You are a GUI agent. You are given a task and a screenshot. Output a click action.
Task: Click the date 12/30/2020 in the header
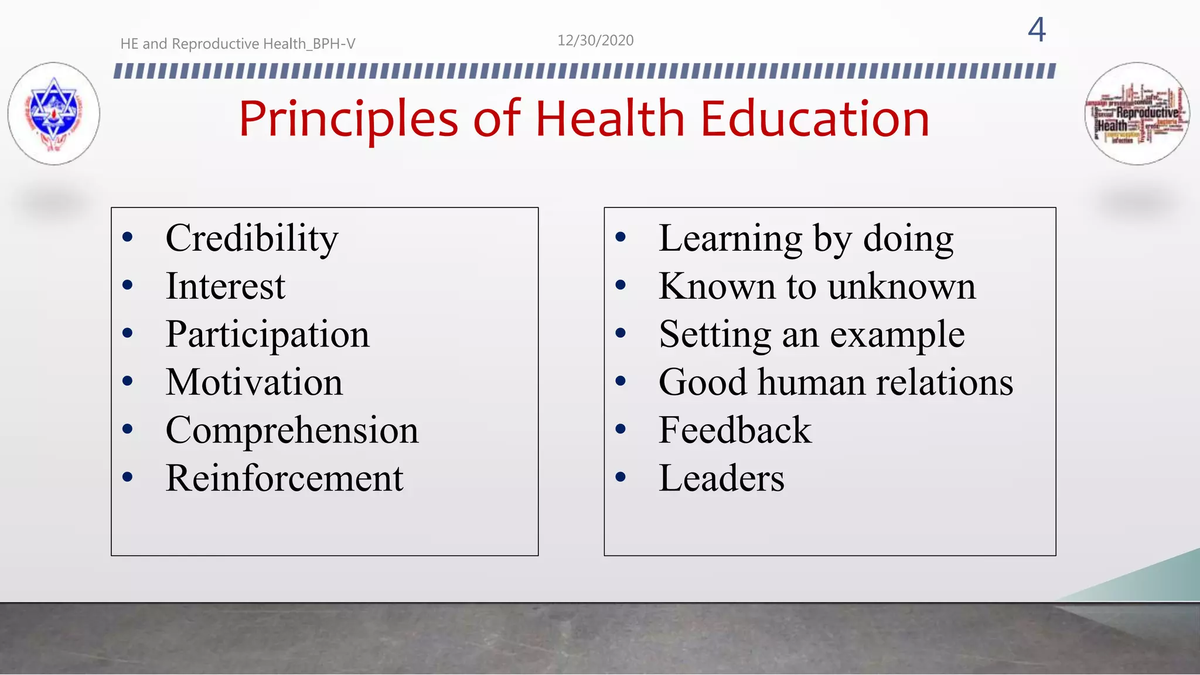coord(595,40)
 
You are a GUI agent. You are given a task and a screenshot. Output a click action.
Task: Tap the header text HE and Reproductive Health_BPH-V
coord(237,44)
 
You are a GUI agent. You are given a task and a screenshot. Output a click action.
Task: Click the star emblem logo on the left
coord(54,113)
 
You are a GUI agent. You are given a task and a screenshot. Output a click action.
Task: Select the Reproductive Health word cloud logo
coord(1136,114)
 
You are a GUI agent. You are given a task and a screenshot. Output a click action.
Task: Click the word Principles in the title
coord(348,119)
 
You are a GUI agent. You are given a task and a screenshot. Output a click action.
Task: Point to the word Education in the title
coord(814,119)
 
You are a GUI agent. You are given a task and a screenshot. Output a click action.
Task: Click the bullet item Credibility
coord(252,238)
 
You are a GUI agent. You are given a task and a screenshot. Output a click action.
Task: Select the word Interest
coord(225,287)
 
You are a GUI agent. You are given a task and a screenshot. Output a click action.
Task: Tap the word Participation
coord(267,335)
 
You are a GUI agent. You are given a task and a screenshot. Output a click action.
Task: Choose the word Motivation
coord(254,383)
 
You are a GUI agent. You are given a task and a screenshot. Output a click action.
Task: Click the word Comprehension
coord(292,431)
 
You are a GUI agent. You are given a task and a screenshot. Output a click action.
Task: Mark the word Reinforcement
coord(284,479)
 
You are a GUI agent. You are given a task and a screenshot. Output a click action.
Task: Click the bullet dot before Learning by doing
coord(621,237)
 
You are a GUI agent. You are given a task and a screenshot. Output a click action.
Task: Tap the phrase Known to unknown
coord(817,287)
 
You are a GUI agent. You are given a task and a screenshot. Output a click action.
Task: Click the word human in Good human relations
coord(811,383)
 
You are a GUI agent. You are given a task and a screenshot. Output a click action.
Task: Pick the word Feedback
coord(735,431)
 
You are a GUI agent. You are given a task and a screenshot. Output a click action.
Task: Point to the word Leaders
coord(721,479)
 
